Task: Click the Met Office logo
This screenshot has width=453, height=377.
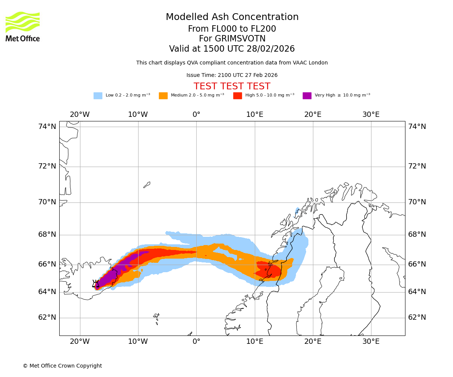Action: click(x=23, y=26)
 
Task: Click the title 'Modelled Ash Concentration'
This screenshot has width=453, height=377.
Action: click(x=232, y=17)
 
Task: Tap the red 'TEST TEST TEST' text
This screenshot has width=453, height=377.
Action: click(x=232, y=86)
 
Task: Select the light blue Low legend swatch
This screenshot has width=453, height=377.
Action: click(x=98, y=96)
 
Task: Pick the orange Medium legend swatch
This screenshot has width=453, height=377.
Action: click(x=163, y=96)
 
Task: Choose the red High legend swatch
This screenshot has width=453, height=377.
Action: click(x=237, y=96)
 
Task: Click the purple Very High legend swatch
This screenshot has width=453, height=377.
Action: click(x=307, y=96)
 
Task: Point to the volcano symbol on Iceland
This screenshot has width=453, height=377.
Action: click(x=96, y=284)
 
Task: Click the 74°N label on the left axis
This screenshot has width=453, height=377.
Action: click(x=47, y=127)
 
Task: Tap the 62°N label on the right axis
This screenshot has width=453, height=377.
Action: click(x=417, y=317)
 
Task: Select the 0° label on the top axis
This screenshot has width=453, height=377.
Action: click(x=196, y=115)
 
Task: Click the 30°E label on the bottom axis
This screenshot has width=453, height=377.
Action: click(x=371, y=342)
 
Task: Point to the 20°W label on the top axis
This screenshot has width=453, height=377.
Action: click(x=80, y=115)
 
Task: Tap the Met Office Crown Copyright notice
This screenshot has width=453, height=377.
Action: click(x=62, y=366)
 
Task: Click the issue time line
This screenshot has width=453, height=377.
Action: click(x=232, y=75)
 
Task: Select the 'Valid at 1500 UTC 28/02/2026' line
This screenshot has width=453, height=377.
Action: click(x=232, y=49)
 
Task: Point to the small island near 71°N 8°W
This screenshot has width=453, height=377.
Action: click(x=147, y=185)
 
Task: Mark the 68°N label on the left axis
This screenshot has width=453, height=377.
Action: click(x=47, y=234)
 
